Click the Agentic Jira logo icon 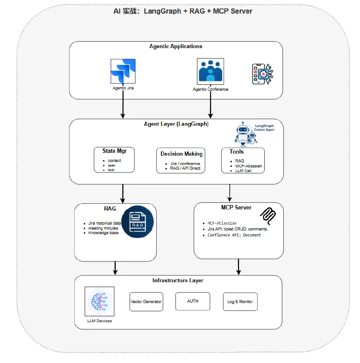point(123,71)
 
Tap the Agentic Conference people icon point(210,71)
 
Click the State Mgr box point(114,160)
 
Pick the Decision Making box point(180,160)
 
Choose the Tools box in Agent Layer point(243,160)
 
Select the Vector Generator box point(146,302)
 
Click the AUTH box point(193,301)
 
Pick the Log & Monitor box point(240,302)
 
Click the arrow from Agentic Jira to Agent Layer point(123,109)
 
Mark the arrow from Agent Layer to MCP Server point(230,193)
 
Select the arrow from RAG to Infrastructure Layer point(116,268)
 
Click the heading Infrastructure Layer point(178,280)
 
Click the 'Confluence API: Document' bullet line point(234,235)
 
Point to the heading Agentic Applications point(176,46)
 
